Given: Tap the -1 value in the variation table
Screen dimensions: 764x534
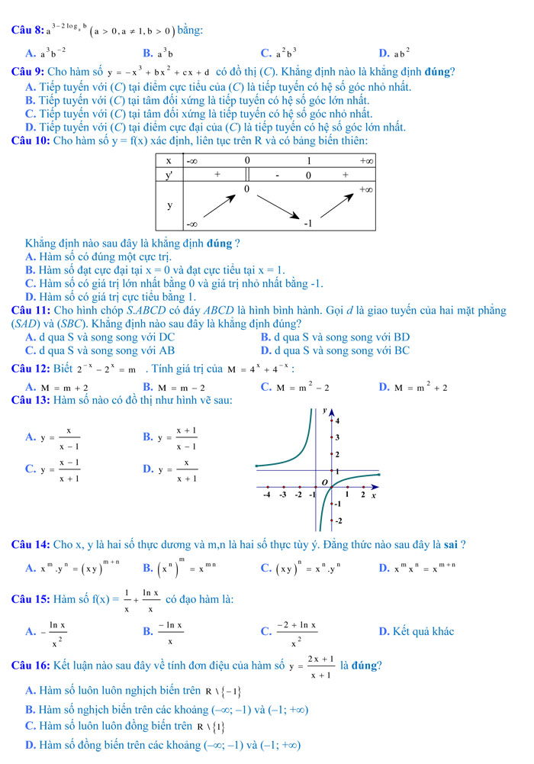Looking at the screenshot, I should (309, 224).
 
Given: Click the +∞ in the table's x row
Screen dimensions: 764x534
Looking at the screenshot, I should (366, 161).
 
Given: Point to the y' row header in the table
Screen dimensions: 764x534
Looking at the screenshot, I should (169, 175).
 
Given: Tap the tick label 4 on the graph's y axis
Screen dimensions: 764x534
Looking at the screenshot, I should (337, 421).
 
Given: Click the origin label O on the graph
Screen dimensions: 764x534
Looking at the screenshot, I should (323, 482).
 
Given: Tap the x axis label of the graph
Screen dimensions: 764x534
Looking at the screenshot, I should (373, 495).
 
